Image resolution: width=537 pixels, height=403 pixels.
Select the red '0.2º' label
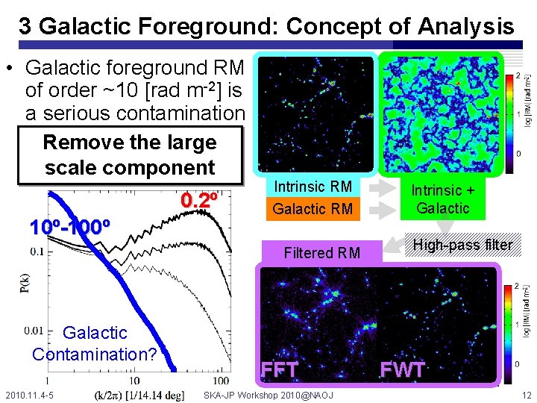coord(199,201)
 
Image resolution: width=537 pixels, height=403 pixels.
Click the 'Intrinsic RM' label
coord(313,186)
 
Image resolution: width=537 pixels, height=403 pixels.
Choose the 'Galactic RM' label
coord(313,209)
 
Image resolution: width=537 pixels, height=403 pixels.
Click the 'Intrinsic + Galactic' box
coord(443,199)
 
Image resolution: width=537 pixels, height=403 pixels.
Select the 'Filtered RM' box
coord(321,253)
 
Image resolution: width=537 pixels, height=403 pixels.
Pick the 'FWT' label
coord(402,369)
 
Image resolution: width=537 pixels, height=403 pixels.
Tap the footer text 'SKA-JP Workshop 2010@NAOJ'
coord(268,395)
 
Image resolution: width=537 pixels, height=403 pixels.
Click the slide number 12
coord(527,395)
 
